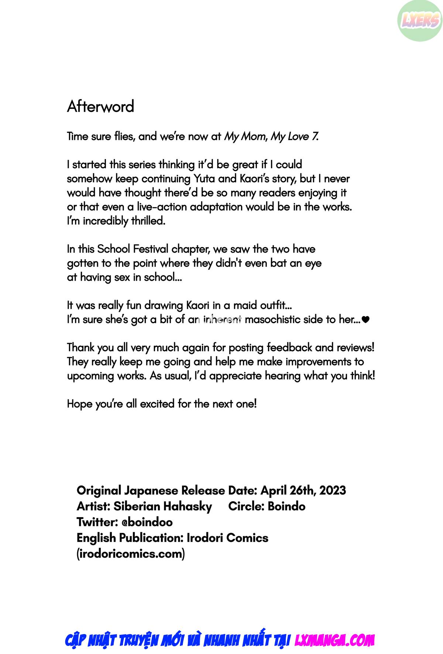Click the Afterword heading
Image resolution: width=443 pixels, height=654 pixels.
[x=100, y=107]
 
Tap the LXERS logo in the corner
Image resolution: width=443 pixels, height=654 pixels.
[x=420, y=21]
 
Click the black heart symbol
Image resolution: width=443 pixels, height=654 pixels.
[x=365, y=320]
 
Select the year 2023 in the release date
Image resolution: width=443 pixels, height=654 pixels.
[x=333, y=491]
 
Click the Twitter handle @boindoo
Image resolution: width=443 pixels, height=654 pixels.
[x=145, y=522]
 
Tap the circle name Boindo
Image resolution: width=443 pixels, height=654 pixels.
[x=286, y=506]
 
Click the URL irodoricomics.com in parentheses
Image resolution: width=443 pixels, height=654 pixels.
[x=130, y=554]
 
